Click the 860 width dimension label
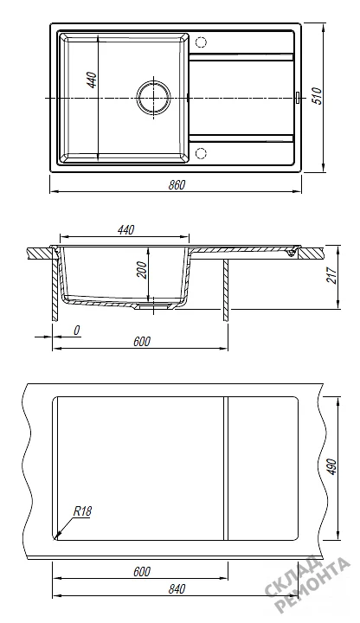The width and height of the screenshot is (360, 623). point(176,185)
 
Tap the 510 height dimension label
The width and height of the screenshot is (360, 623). point(318,96)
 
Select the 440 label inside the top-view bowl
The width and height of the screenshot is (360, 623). point(93,80)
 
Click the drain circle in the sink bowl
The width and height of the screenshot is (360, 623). point(154,97)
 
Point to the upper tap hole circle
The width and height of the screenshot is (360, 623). point(202,42)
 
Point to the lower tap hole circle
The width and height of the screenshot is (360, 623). point(202,152)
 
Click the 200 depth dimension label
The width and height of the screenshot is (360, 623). point(144,272)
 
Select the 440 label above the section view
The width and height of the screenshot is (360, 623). point(126,229)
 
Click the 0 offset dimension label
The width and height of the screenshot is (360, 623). point(77,331)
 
